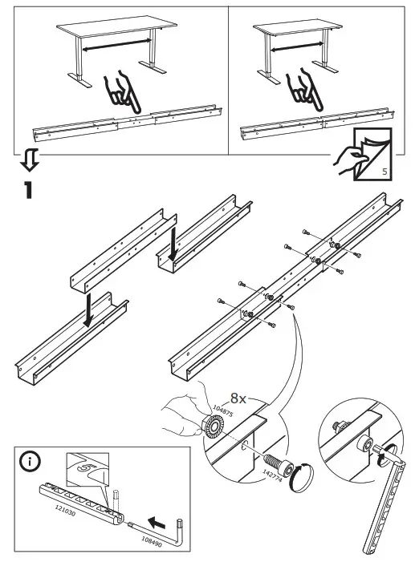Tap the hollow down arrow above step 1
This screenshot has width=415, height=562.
pos(29,160)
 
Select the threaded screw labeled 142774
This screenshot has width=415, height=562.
pos(273,463)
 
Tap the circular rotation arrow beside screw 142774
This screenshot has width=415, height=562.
pos(302,477)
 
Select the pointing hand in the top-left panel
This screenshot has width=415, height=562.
pos(123,93)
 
